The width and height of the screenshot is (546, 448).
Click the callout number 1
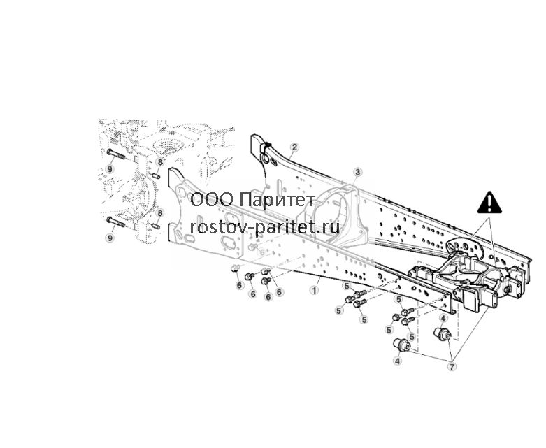(315, 289)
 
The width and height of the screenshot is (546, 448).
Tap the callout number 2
(294, 147)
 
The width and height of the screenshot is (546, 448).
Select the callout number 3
(358, 172)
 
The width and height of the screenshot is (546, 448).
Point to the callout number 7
(452, 366)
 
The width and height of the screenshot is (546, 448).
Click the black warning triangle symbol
(489, 202)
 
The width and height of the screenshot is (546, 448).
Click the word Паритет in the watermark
(278, 200)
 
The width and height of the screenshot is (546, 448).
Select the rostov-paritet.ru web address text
(265, 227)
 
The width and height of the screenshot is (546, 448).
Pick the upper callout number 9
(110, 169)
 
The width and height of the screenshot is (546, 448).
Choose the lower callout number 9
(110, 238)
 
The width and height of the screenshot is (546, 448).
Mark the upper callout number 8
(159, 162)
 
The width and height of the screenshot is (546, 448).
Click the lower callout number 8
(159, 213)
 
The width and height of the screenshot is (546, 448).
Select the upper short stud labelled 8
(157, 176)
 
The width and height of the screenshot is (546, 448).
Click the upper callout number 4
(443, 318)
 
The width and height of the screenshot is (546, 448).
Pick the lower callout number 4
(398, 361)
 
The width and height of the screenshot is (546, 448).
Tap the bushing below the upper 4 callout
(443, 333)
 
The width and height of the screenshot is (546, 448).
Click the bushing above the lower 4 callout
(402, 345)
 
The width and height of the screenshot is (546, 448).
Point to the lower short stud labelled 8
(157, 226)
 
